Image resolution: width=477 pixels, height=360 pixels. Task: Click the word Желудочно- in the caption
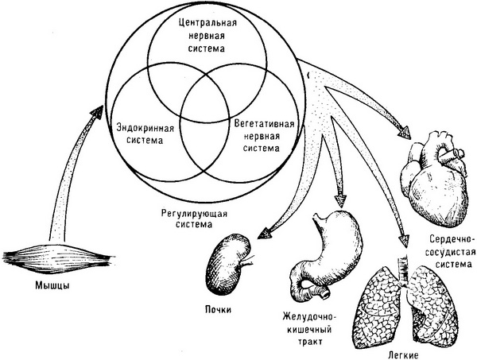click(308, 314)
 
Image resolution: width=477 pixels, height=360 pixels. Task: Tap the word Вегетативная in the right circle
click(261, 125)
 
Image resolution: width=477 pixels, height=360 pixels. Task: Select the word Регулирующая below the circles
click(184, 214)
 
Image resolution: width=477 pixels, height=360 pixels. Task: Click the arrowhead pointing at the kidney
click(259, 232)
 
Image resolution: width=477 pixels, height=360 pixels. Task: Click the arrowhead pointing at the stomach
click(344, 199)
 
